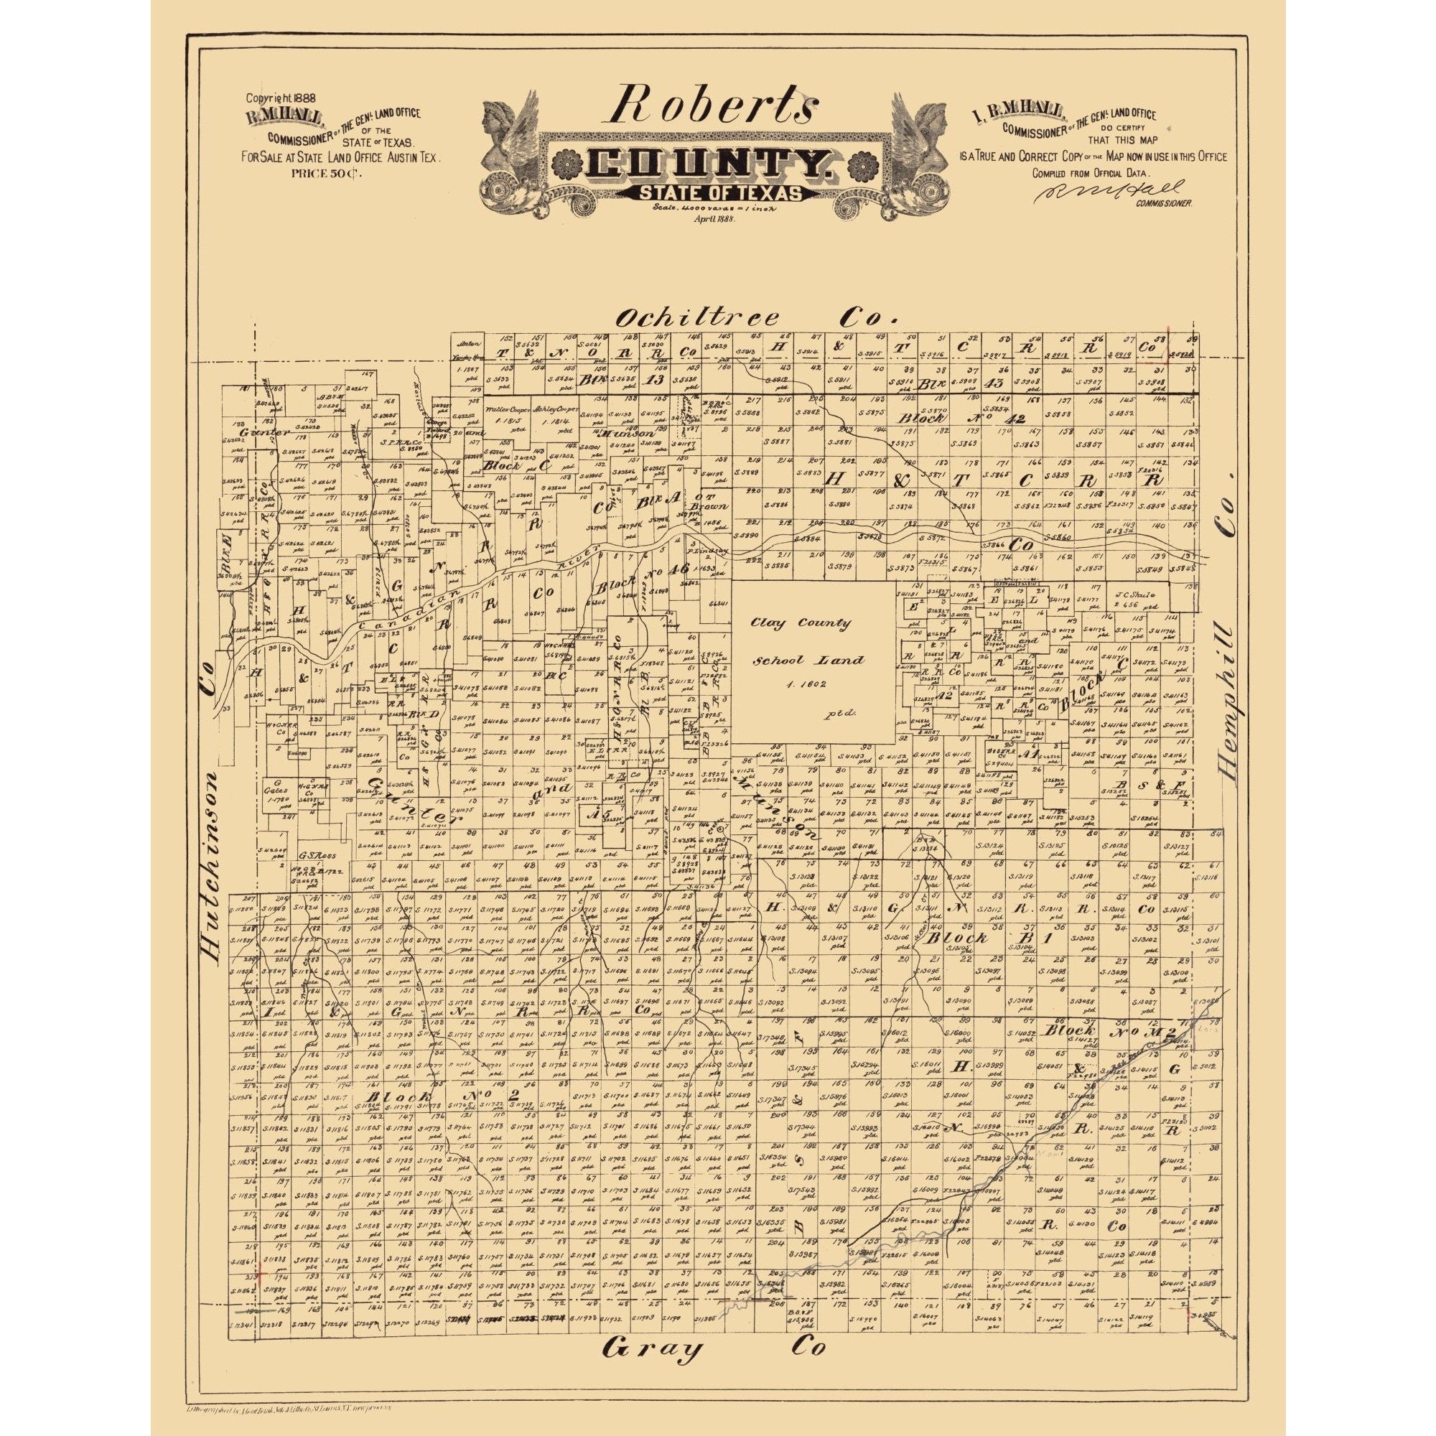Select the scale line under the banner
click(714, 211)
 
